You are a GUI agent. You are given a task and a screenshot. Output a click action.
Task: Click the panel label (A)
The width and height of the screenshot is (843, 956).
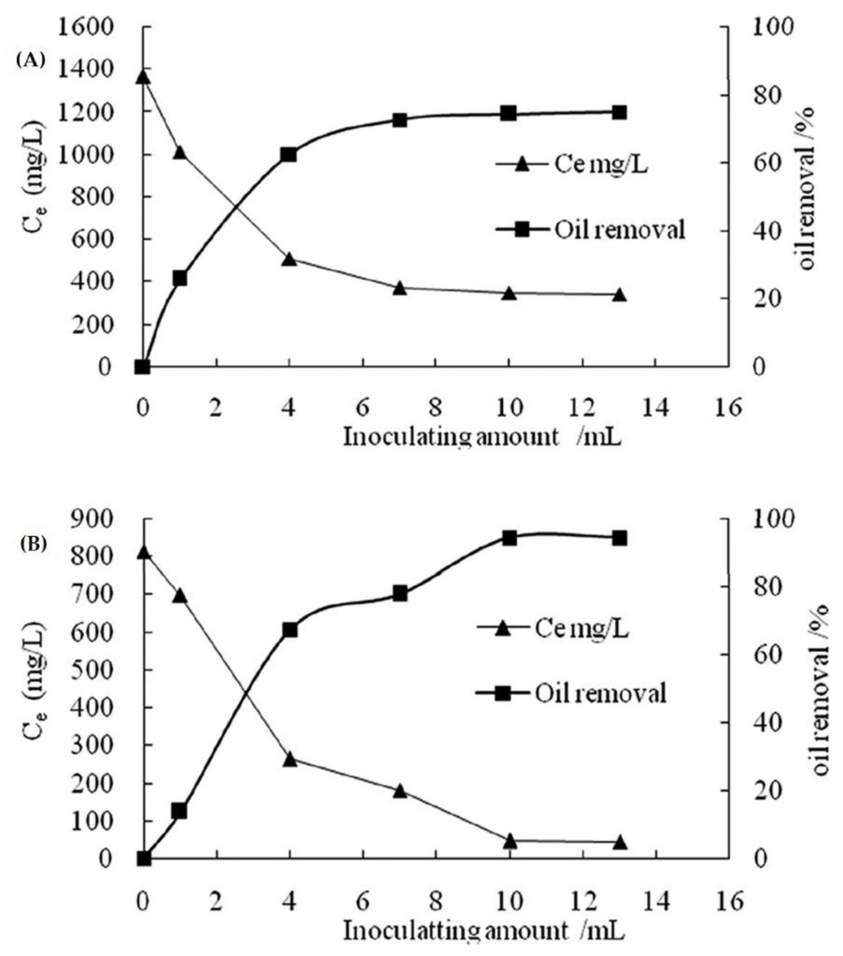(31, 60)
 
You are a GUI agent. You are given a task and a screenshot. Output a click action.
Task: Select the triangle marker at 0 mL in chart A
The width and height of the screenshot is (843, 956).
(143, 77)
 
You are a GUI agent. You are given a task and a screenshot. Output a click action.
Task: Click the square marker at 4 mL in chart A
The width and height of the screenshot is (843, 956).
(289, 155)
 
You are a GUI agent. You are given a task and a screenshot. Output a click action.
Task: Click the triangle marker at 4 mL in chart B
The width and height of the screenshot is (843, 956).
(290, 760)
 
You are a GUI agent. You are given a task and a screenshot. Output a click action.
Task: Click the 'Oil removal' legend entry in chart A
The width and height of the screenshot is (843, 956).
(591, 230)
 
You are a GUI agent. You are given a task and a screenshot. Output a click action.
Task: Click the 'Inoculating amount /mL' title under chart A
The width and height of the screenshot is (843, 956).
(482, 437)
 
